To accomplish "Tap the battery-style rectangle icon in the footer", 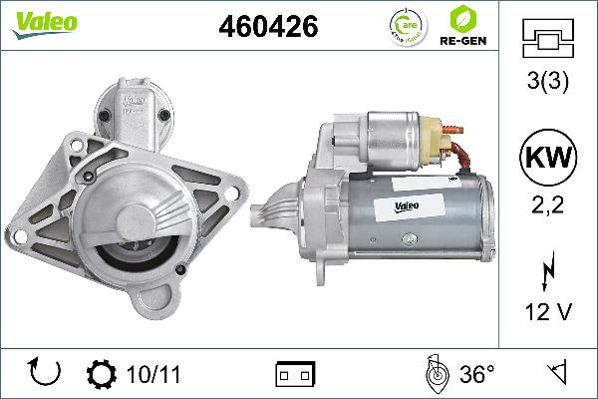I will coord(295,374).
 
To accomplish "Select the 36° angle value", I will coord(476,374).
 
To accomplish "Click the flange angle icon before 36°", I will coord(435,373).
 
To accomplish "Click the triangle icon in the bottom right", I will coord(554,373).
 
